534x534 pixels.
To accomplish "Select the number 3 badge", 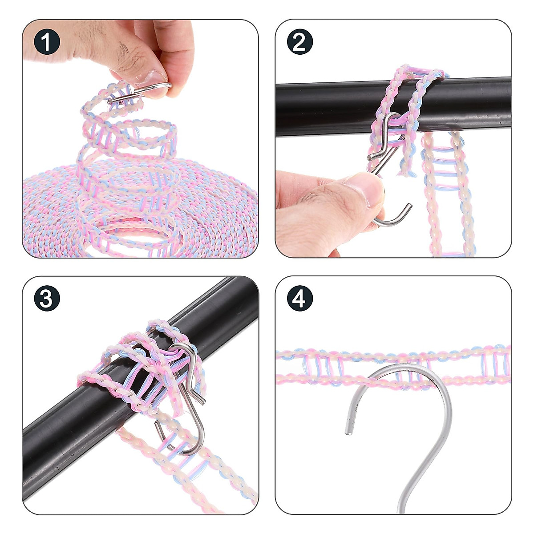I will (47, 298).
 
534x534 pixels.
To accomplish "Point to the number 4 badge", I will (299, 298).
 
